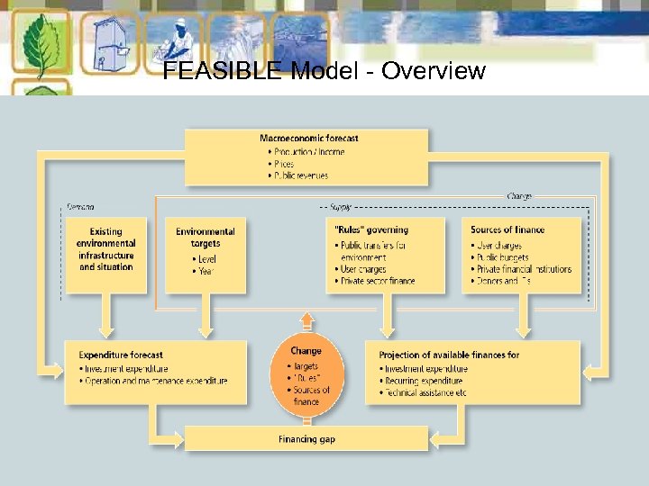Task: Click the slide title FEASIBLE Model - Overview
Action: click(324, 71)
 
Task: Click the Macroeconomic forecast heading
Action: click(308, 138)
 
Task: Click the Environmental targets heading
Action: click(206, 238)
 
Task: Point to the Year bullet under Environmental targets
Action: click(206, 271)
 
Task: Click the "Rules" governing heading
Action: click(370, 229)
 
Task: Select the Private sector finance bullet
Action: click(378, 281)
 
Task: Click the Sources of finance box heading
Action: click(507, 229)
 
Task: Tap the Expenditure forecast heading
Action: click(121, 355)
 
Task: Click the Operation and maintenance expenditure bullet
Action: click(155, 381)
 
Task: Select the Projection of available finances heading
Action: click(449, 355)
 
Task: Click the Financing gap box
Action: click(306, 439)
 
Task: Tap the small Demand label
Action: click(80, 206)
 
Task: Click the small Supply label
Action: click(341, 206)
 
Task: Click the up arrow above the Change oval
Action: click(306, 319)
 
